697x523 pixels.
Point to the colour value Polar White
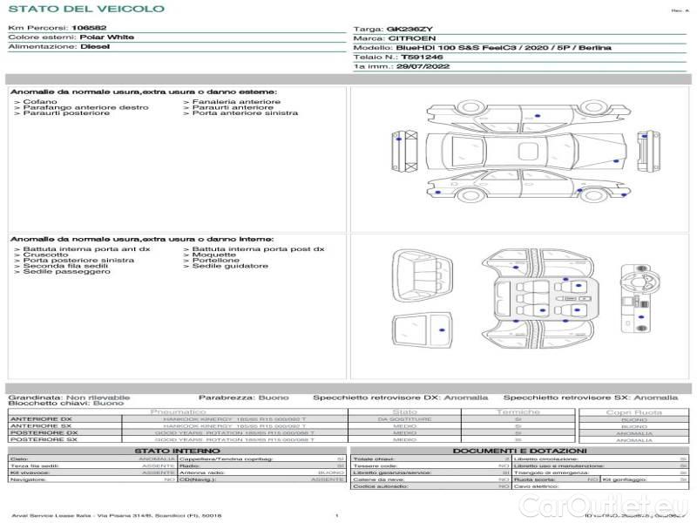tap(106, 37)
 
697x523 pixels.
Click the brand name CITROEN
tap(406, 39)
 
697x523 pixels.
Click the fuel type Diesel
tap(94, 47)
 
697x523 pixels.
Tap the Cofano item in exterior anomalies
tap(40, 102)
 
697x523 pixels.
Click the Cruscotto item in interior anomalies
tap(45, 255)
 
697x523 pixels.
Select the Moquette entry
tap(214, 255)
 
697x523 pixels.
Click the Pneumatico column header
tap(178, 411)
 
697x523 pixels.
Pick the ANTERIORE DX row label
tap(41, 419)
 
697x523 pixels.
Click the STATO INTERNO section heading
tap(178, 451)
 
